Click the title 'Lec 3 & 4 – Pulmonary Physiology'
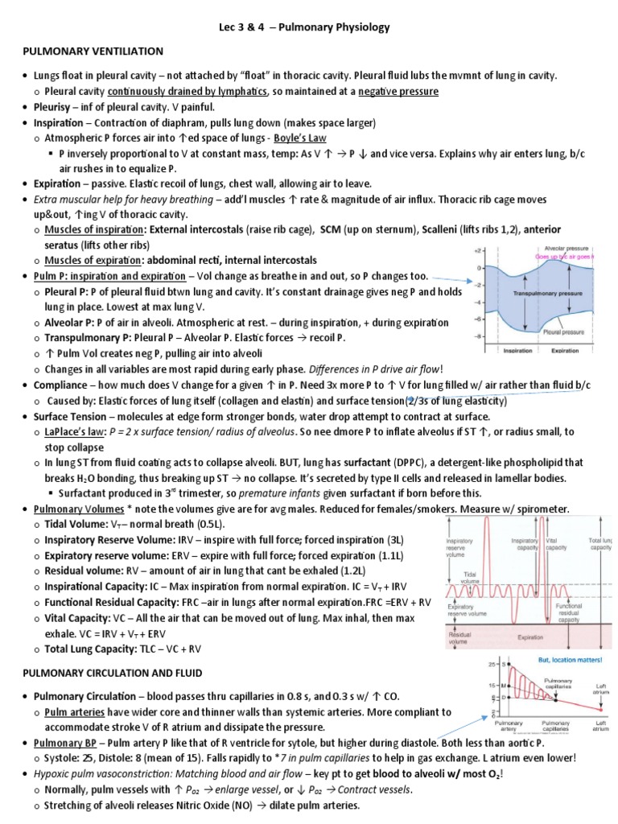tap(308, 27)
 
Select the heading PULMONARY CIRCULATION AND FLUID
tap(112, 672)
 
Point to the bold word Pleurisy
tap(56, 107)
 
